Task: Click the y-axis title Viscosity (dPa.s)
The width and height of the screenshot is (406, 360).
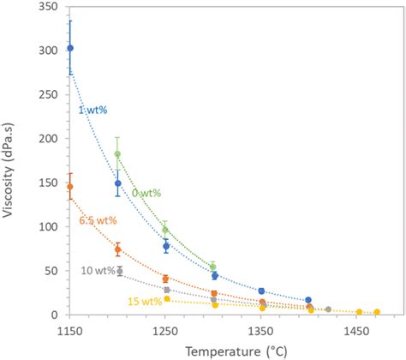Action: click(11, 159)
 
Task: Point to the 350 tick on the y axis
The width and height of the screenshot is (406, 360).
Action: click(48, 6)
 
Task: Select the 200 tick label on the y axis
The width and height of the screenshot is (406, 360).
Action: click(48, 139)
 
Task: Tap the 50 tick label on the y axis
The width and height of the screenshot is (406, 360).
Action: click(51, 271)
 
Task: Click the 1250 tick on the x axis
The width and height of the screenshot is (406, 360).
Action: click(165, 328)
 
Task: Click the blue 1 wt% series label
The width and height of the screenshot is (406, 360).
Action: click(93, 109)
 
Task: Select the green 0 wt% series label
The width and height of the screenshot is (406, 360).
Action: click(146, 193)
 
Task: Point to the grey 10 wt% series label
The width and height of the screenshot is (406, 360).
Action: click(98, 271)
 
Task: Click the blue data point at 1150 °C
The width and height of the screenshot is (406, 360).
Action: click(70, 48)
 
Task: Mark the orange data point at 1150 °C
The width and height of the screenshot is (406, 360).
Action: click(70, 187)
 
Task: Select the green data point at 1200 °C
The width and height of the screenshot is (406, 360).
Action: click(118, 154)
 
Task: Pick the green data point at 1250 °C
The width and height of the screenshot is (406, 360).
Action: click(165, 230)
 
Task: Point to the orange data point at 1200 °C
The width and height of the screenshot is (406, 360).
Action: click(118, 249)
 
